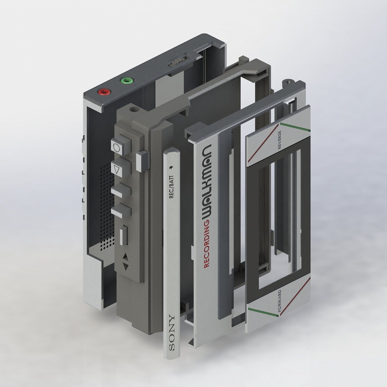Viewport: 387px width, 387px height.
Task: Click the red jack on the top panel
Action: tap(104, 92)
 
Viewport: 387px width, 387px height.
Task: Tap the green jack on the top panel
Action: tap(127, 80)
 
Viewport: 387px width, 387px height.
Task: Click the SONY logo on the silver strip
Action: tap(171, 332)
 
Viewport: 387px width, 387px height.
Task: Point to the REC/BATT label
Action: tap(171, 187)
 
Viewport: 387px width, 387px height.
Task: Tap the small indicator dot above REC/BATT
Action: tap(170, 168)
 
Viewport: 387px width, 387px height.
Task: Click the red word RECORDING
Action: tap(206, 243)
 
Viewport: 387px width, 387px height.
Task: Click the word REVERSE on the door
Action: tap(279, 140)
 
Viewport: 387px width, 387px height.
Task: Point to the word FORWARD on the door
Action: tap(279, 301)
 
